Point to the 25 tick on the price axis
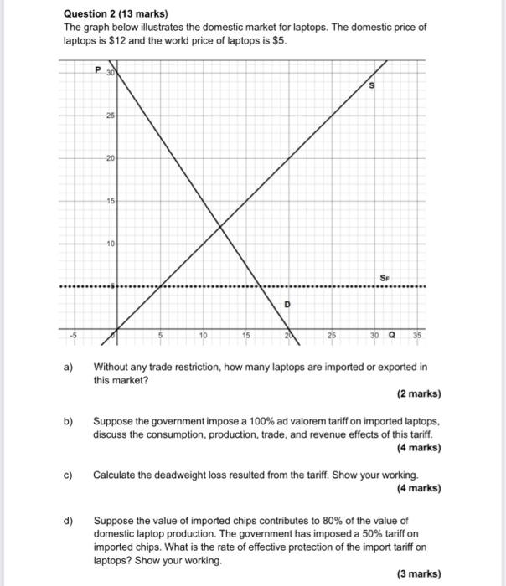109,115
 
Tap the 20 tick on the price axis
109,157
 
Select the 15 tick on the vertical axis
109,201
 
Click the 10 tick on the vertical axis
109,244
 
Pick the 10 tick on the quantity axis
203,336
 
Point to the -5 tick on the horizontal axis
73,336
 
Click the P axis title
98,70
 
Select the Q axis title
392,336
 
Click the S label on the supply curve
372,86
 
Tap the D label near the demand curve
287,304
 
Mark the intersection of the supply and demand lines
220,226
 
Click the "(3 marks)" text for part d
419,573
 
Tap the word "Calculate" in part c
116,475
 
